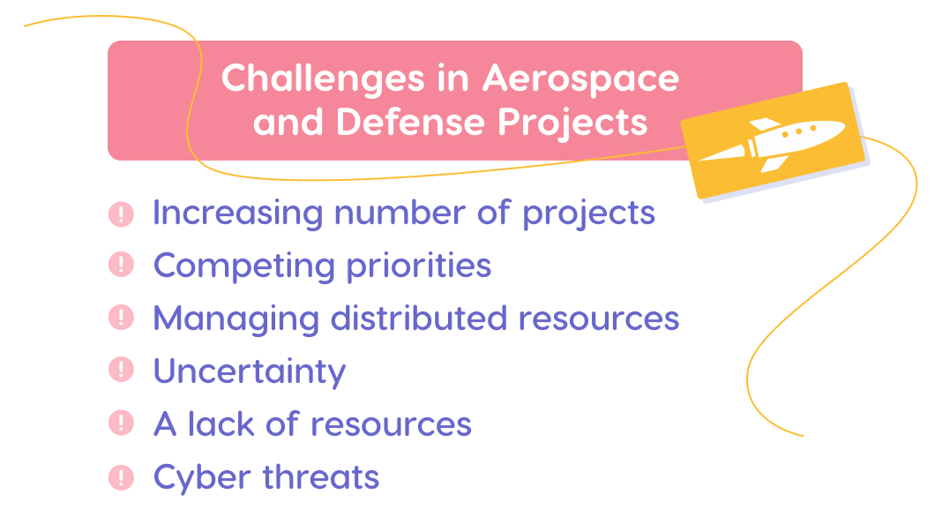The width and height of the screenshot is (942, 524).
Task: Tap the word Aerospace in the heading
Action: (x=580, y=79)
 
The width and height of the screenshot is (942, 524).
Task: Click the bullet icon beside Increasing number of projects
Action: (x=121, y=213)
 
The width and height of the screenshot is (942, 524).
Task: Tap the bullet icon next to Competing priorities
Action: (x=121, y=265)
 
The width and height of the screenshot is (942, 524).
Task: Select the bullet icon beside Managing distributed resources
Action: (x=121, y=318)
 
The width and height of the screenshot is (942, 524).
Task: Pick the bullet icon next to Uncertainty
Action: (x=121, y=371)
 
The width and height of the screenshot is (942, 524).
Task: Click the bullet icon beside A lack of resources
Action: (x=121, y=424)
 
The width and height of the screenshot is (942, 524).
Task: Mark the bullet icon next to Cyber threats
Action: (x=121, y=477)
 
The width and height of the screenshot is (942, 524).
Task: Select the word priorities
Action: (x=419, y=266)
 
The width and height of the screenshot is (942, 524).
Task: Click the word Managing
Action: (x=236, y=318)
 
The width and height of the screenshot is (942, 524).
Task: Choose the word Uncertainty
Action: (x=250, y=371)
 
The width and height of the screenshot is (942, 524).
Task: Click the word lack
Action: (x=221, y=424)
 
